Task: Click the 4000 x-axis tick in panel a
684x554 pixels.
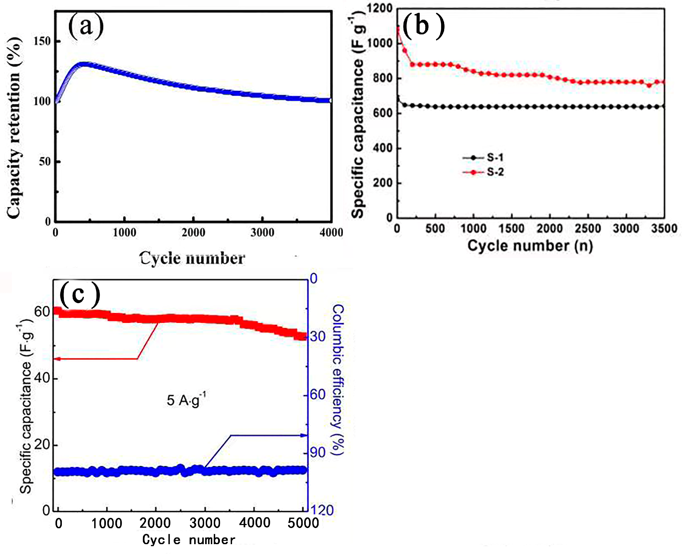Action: [x=331, y=232]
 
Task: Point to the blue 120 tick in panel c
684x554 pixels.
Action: [x=321, y=510]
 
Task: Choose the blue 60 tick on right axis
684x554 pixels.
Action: [x=318, y=395]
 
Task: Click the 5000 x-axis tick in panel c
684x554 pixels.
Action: [x=303, y=523]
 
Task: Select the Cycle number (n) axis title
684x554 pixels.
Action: [x=530, y=246]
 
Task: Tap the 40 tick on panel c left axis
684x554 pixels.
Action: [x=42, y=378]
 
